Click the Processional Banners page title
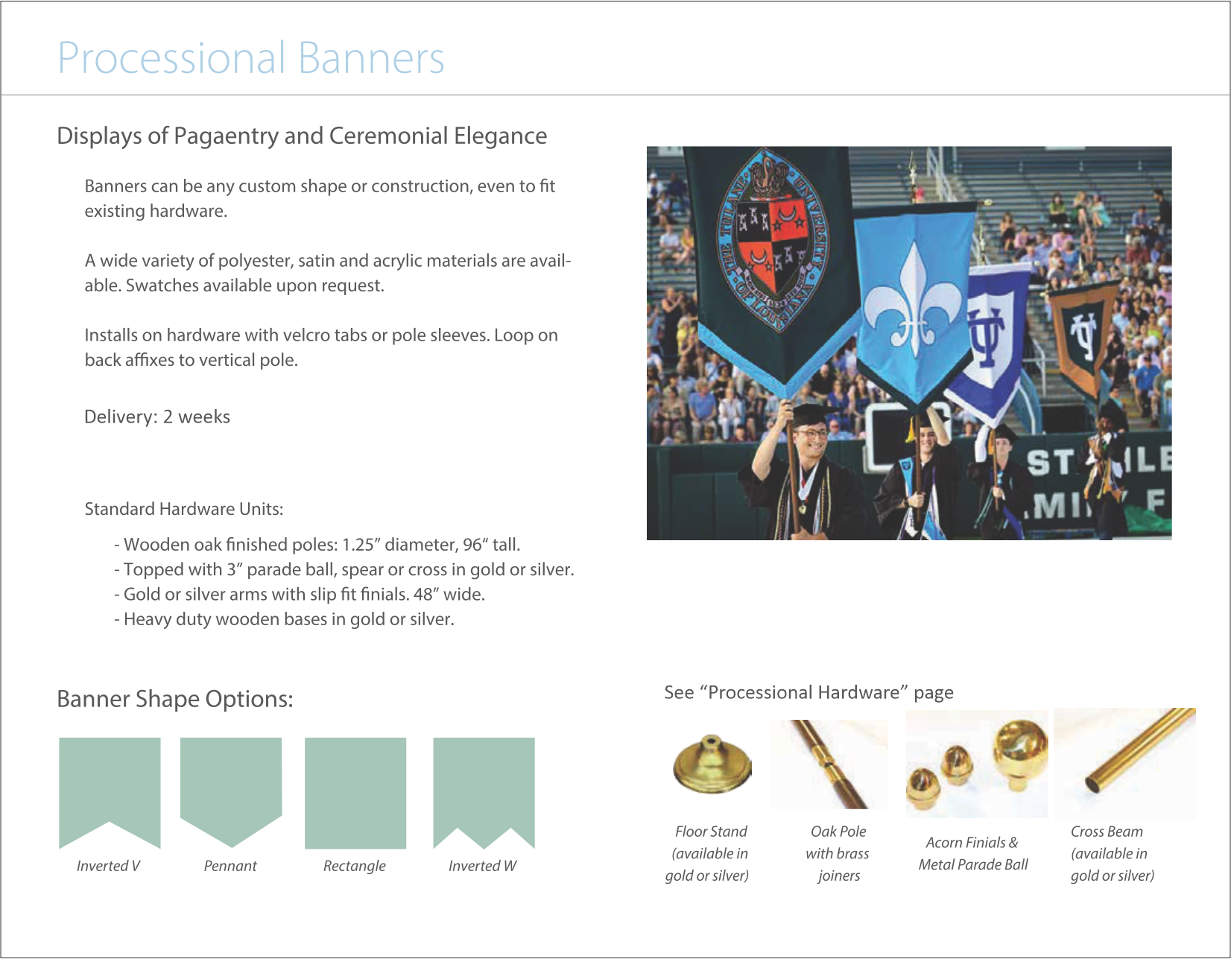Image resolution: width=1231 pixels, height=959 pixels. [x=250, y=58]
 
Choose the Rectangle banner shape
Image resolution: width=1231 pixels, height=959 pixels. [x=355, y=792]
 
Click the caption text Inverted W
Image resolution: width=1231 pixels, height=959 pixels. [x=482, y=866]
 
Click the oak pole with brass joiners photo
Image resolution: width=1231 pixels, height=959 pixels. [x=829, y=765]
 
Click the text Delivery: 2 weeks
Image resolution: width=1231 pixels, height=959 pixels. [x=157, y=417]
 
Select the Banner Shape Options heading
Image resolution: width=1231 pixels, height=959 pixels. [x=175, y=699]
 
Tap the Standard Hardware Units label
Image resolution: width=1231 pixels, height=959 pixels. [x=183, y=509]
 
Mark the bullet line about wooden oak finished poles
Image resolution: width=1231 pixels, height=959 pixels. [x=317, y=545]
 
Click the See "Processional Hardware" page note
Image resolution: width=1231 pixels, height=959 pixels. [x=808, y=692]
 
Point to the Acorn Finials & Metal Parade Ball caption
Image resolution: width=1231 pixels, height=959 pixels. [x=972, y=853]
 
